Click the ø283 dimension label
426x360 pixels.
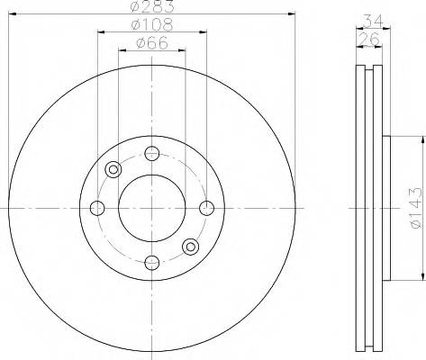(x=152, y=6)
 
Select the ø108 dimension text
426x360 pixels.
(x=152, y=25)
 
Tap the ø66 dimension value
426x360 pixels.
(x=152, y=43)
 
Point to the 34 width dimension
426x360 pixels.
(x=374, y=21)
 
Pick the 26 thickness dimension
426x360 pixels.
(x=369, y=39)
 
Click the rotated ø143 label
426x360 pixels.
(x=418, y=208)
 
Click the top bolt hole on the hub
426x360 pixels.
(x=152, y=153)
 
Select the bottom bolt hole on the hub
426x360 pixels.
(x=152, y=263)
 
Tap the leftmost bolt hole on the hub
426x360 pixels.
(x=97, y=208)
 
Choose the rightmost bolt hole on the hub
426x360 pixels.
(x=207, y=208)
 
